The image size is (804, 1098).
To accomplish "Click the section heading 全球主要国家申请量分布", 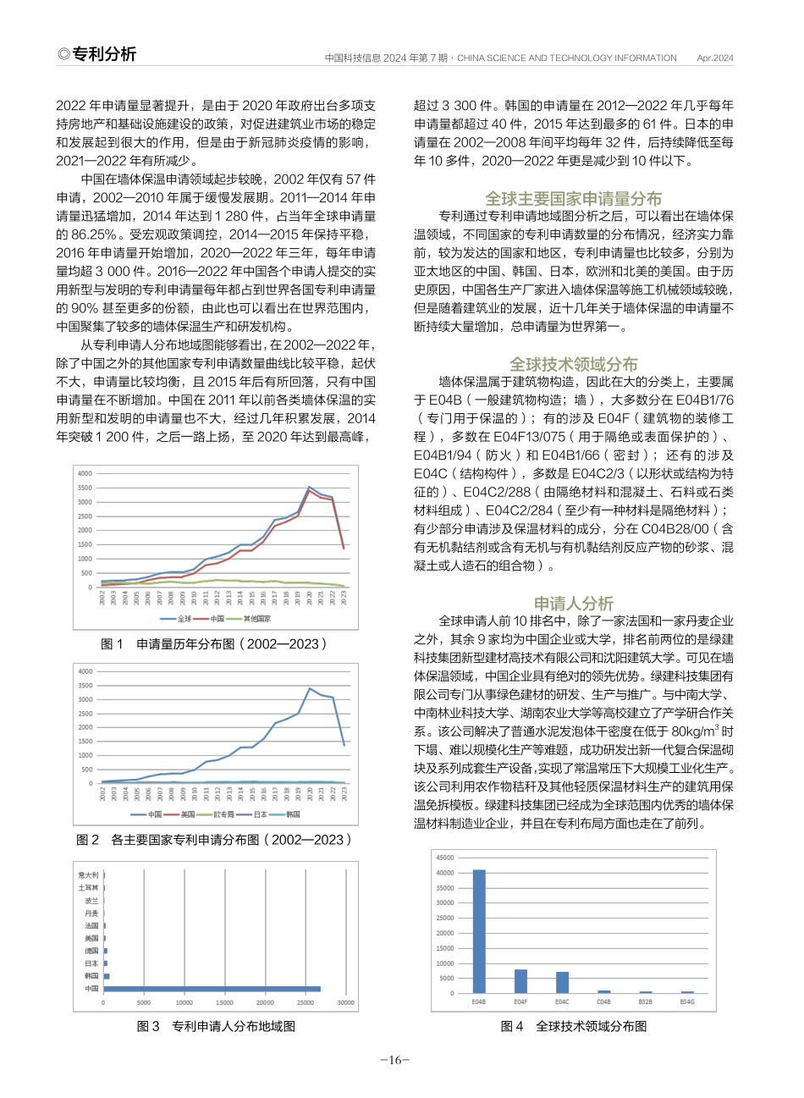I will [573, 199].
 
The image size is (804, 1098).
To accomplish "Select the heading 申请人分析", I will [573, 603].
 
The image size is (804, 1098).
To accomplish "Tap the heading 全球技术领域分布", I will [573, 364].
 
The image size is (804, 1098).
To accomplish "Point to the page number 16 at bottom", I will [394, 1059].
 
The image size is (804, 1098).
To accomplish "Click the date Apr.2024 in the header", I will [715, 58].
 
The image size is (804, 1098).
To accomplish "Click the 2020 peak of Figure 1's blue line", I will [310, 487].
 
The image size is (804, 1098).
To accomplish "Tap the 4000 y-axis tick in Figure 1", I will [85, 473].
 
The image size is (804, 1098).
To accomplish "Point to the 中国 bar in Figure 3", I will [212, 988].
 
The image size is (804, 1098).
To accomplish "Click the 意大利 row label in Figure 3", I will [89, 875].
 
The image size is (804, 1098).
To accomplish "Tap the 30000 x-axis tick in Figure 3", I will [345, 1003].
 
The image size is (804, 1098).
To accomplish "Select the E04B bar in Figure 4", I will [479, 931].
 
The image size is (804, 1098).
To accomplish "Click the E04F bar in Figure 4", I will [520, 981].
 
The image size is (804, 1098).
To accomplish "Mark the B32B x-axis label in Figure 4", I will [646, 1002].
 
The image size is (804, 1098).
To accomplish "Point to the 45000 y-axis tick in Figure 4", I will [445, 858].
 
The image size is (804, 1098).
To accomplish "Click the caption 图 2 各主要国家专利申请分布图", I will [214, 840].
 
